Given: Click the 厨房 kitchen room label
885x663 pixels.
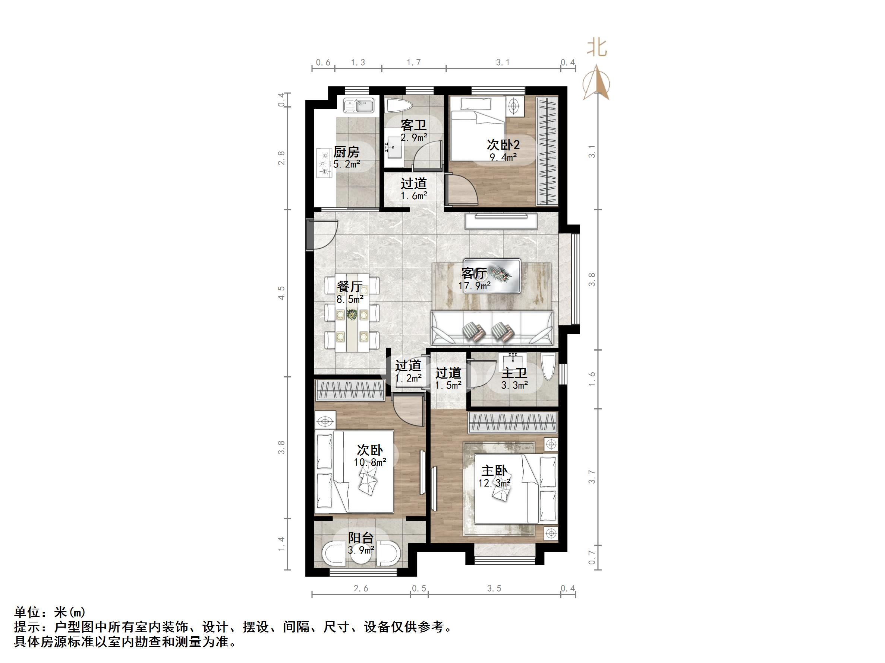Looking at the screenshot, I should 346,152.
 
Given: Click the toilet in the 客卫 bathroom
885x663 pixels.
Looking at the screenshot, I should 399,106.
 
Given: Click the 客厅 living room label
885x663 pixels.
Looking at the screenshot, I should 474,273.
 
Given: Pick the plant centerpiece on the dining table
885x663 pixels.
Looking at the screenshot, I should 352,315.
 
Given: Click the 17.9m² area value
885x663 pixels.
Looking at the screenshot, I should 475,286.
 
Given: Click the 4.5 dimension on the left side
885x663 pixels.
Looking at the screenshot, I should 282,293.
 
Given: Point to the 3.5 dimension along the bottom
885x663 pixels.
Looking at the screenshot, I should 494,589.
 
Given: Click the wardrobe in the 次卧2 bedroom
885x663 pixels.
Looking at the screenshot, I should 547,152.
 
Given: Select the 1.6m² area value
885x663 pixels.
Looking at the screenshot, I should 414,196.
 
